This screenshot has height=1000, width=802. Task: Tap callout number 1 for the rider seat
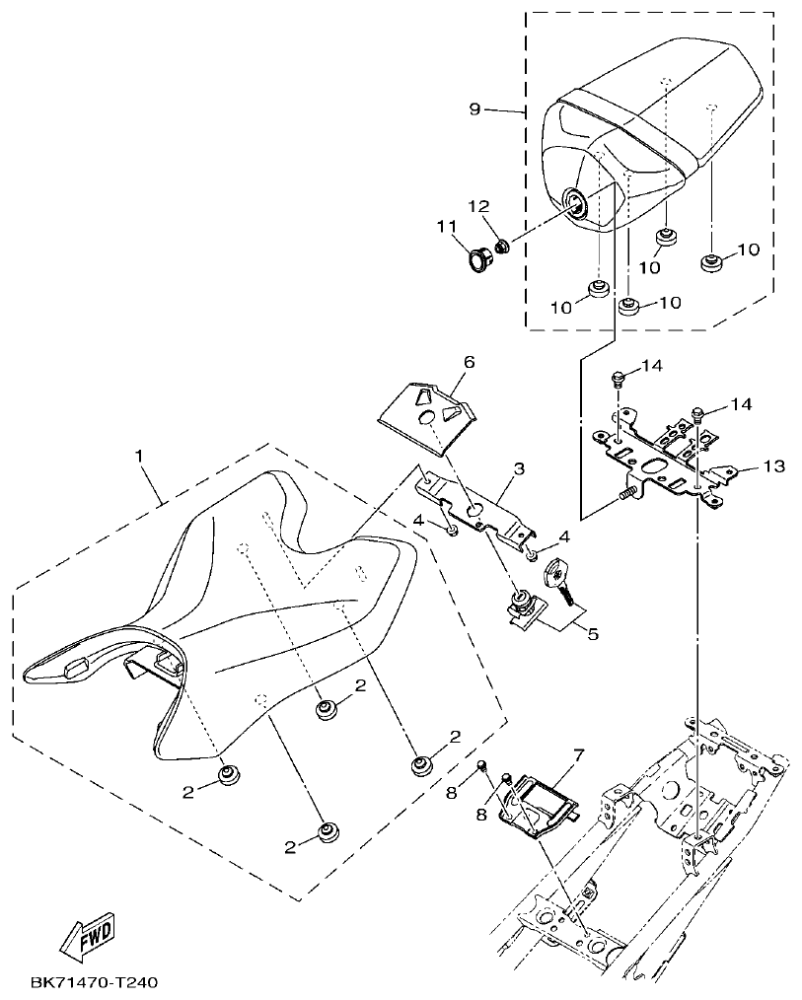(139, 456)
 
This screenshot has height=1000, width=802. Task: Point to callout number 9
(474, 108)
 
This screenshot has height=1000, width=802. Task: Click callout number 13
(773, 465)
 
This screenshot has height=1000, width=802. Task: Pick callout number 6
(469, 363)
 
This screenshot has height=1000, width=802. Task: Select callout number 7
(578, 754)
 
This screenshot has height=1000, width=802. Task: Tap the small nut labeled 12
(501, 243)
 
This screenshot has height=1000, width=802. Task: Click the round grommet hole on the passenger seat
(574, 204)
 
